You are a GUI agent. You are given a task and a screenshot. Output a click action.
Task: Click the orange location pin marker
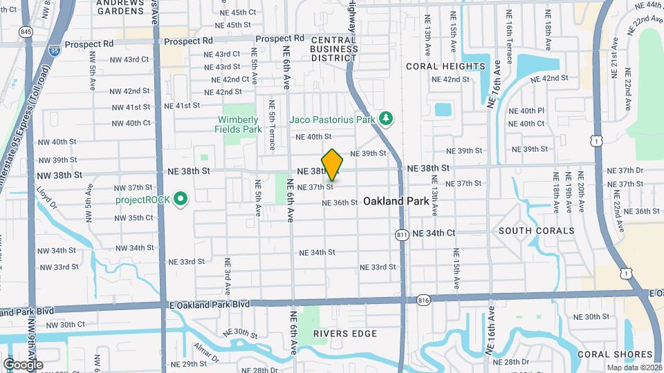coord(333,164)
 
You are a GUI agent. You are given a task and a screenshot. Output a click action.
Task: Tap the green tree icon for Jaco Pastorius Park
coord(386,119)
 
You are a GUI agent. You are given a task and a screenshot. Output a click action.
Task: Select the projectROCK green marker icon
coord(181,200)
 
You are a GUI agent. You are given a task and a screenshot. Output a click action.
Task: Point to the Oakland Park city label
coord(393,202)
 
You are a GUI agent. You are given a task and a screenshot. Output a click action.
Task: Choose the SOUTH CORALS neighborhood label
coord(536,230)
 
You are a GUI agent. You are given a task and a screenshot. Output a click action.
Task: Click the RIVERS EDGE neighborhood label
coord(345,334)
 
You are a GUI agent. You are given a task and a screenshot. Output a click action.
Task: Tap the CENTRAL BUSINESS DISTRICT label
coord(333,49)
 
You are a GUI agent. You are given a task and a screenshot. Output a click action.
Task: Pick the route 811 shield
coord(402,235)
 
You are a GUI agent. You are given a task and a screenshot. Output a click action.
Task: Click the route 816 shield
coord(424,300)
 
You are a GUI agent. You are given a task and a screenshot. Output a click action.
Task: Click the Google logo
coord(23,364)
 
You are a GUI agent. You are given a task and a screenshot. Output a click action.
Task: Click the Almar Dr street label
coord(205,350)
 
